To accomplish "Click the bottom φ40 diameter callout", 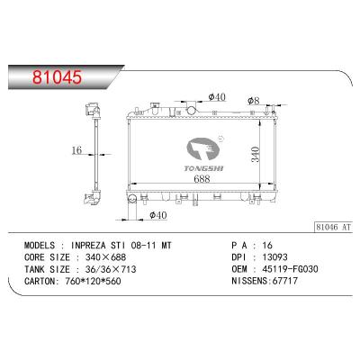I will point(158,215).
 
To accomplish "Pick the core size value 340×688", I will point(108,256).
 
